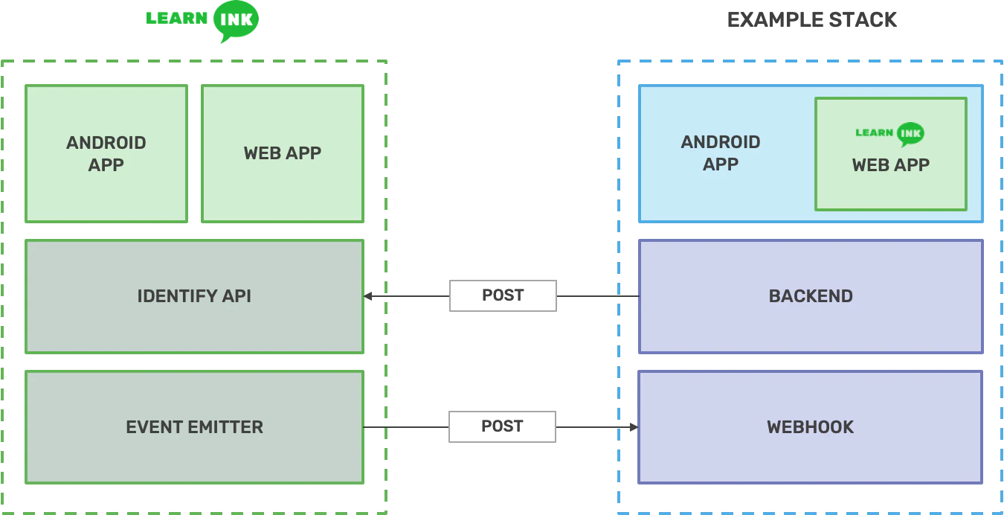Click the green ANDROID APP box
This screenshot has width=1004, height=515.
pyautogui.click(x=106, y=153)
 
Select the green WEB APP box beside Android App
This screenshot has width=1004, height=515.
pyautogui.click(x=283, y=153)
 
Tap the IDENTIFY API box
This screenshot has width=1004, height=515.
pyautogui.click(x=195, y=296)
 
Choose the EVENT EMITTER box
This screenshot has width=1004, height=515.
pyautogui.click(x=195, y=427)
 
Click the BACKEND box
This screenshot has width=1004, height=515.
pyautogui.click(x=811, y=296)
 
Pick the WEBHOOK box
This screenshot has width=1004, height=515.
pyautogui.click(x=811, y=427)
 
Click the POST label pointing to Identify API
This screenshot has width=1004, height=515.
pyautogui.click(x=502, y=295)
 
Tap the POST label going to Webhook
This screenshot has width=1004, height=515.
pyautogui.click(x=502, y=426)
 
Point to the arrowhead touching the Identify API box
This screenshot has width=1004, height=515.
pyautogui.click(x=369, y=296)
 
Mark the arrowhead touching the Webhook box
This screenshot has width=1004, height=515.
pyautogui.click(x=634, y=427)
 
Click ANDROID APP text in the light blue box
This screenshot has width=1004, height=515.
pyautogui.click(x=721, y=153)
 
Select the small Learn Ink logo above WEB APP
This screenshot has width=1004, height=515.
pyautogui.click(x=890, y=134)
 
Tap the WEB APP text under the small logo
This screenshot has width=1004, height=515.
pyautogui.click(x=890, y=164)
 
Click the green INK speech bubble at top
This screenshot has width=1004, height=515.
pyautogui.click(x=236, y=21)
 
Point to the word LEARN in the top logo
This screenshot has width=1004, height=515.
pyautogui.click(x=177, y=19)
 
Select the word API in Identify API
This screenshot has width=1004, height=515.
pyautogui.click(x=236, y=296)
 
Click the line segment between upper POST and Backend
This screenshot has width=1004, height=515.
pyautogui.click(x=599, y=296)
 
